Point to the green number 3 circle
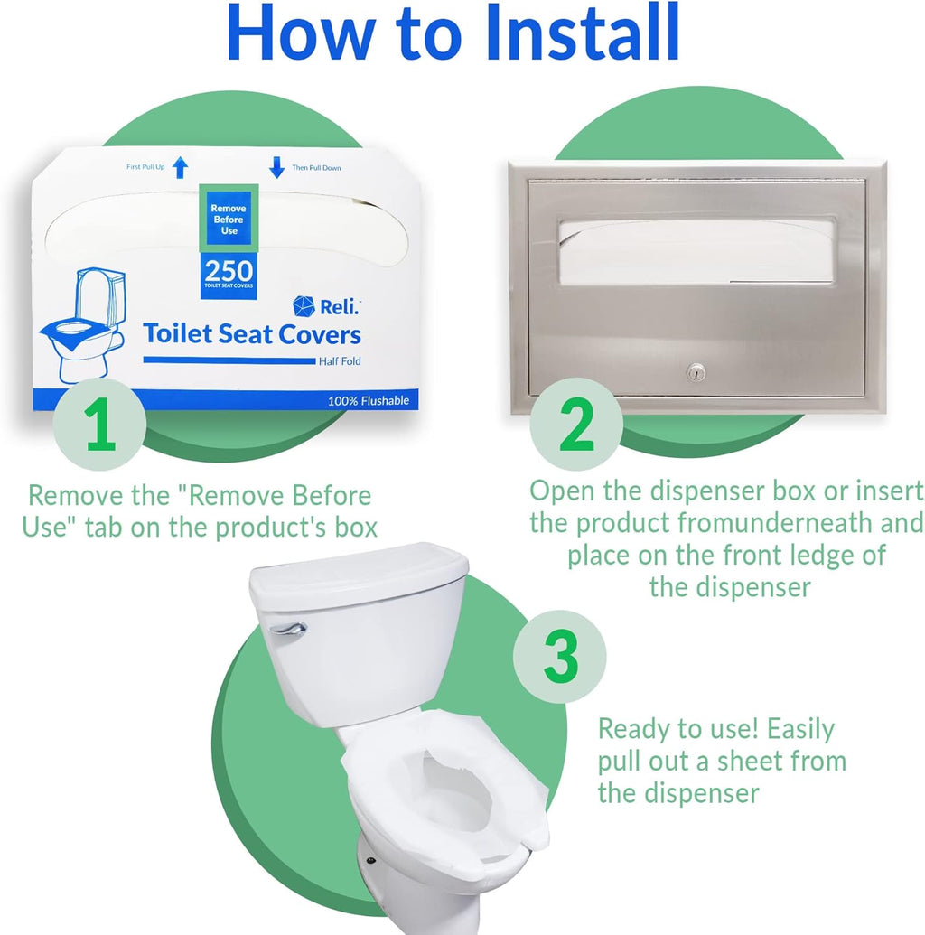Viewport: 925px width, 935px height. (x=560, y=657)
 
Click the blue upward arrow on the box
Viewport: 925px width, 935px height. (x=180, y=167)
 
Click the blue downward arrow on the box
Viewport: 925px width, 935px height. (x=276, y=167)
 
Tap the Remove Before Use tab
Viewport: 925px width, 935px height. (x=229, y=220)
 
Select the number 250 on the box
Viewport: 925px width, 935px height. (x=229, y=269)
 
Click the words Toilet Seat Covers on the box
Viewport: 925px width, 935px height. (x=252, y=334)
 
